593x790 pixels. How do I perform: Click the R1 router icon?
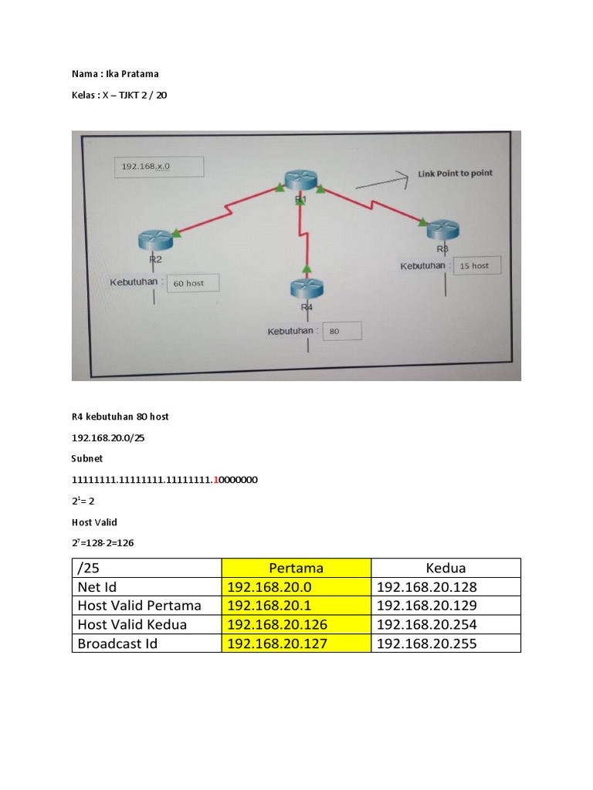click(300, 179)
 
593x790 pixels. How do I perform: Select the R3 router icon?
click(443, 229)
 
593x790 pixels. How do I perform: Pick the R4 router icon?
click(307, 289)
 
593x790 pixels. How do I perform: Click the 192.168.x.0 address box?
click(159, 167)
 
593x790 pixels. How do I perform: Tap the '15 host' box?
click(476, 265)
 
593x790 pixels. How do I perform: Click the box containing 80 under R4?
click(341, 332)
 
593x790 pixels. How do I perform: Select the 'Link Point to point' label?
click(455, 174)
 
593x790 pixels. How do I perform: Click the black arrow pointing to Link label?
click(381, 180)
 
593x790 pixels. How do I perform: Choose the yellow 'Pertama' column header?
click(296, 568)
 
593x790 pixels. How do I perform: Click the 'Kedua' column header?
click(446, 568)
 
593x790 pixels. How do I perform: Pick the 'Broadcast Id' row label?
click(117, 643)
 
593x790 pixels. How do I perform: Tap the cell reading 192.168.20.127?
click(278, 643)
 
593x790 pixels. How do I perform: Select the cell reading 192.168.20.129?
click(427, 606)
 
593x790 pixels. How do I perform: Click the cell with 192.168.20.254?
click(427, 624)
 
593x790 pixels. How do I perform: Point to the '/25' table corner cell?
click(90, 568)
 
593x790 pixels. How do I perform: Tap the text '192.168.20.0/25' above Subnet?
click(109, 437)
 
